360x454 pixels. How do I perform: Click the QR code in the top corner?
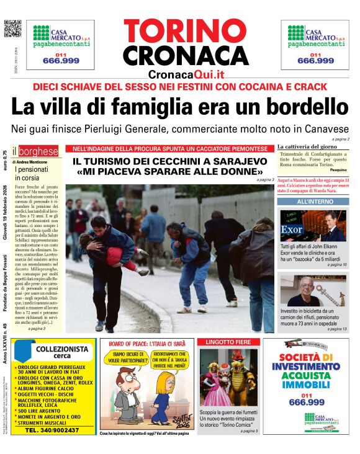coord(12,29)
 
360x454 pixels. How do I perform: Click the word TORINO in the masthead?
coord(186,32)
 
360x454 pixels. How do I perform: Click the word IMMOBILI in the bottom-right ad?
coord(308,386)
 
